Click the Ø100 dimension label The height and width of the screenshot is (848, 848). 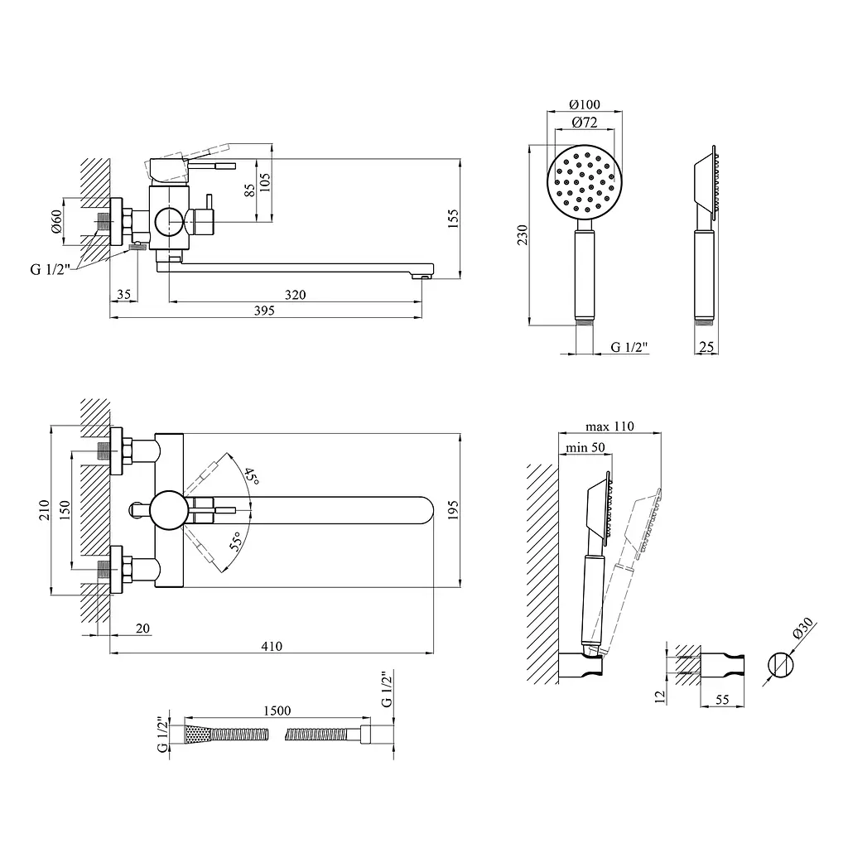(585, 104)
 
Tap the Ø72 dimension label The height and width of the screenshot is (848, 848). (585, 123)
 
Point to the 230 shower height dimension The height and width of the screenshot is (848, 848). (522, 235)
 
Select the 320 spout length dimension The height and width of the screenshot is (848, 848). (296, 295)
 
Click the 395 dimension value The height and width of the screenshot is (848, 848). (264, 311)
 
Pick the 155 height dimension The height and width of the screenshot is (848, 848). (453, 219)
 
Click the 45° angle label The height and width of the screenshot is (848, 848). (250, 476)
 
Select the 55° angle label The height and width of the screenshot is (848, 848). (236, 542)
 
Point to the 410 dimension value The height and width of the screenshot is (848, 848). (272, 646)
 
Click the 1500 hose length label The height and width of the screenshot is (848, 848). (277, 711)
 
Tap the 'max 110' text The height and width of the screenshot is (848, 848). (609, 426)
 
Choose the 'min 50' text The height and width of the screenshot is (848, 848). (585, 447)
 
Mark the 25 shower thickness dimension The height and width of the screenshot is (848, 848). (706, 347)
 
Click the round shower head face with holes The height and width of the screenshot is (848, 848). (585, 181)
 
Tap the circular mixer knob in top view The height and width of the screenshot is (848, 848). (170, 510)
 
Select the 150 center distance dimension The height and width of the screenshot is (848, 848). (65, 510)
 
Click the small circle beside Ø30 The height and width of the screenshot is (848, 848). (781, 665)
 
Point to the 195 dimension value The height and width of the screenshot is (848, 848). (453, 510)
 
